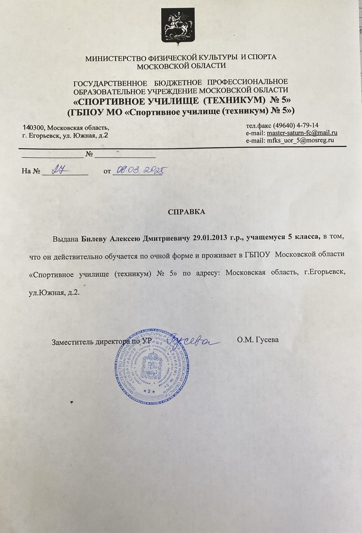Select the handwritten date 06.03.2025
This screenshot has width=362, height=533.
[138, 171]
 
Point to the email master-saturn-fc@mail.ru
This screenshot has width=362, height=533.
[302, 133]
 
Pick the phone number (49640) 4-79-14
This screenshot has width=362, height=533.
[296, 125]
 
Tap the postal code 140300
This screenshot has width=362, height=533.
[34, 127]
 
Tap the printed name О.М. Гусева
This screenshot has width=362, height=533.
[258, 340]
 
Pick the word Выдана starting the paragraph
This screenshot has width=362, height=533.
[65, 238]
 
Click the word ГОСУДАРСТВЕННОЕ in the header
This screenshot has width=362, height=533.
[110, 83]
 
